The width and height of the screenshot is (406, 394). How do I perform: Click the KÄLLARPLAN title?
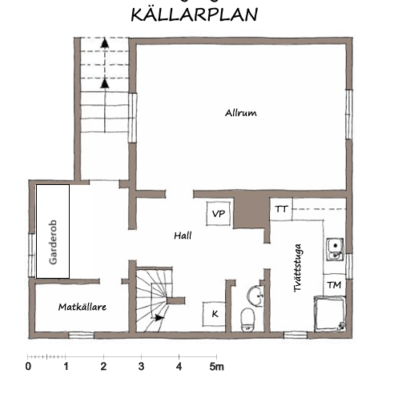[195, 14]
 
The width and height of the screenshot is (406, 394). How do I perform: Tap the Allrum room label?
[241, 113]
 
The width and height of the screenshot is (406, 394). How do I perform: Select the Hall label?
[183, 235]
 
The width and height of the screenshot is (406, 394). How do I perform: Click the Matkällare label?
[82, 307]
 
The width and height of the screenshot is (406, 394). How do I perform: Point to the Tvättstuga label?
[298, 268]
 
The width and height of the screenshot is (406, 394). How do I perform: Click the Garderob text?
[53, 242]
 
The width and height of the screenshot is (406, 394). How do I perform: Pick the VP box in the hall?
[219, 214]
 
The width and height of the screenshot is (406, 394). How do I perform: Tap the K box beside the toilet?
[214, 314]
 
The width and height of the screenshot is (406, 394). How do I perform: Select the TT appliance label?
[281, 209]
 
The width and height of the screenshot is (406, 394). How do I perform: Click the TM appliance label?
[334, 285]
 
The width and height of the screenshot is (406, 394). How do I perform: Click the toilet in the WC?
[247, 320]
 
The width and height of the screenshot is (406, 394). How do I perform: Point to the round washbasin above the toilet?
[255, 295]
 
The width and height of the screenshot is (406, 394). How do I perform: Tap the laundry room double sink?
[335, 249]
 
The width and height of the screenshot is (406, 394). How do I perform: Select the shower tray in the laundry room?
[330, 314]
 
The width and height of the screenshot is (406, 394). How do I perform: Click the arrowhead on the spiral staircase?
[159, 318]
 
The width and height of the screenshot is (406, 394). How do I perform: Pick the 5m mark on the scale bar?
[216, 367]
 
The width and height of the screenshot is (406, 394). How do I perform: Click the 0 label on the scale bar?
[28, 367]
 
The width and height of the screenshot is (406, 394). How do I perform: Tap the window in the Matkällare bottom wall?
[81, 335]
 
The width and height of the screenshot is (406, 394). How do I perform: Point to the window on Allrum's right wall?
[349, 114]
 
